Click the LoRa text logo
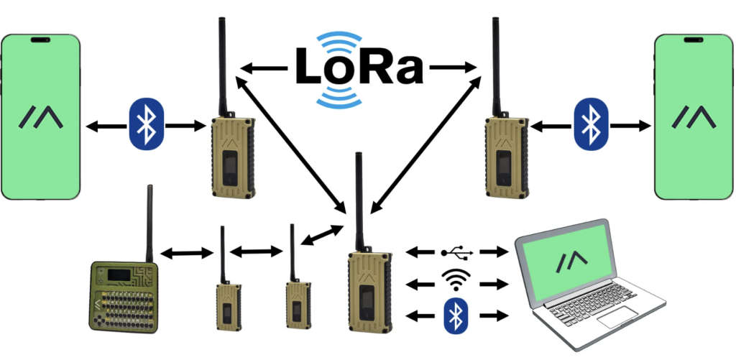pyautogui.click(x=359, y=68)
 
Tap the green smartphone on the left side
pyautogui.click(x=41, y=117)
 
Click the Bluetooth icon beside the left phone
pyautogui.click(x=147, y=124)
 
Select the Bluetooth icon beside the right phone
pyautogui.click(x=591, y=124)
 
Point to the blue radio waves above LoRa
pyautogui.click(x=339, y=41)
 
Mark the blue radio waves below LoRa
pyautogui.click(x=339, y=96)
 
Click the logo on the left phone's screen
pyautogui.click(x=41, y=117)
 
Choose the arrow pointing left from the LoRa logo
pyautogui.click(x=264, y=69)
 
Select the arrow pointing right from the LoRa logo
pyautogui.click(x=454, y=68)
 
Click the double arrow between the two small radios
pyautogui.click(x=257, y=252)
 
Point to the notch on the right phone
pyautogui.click(x=694, y=40)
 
